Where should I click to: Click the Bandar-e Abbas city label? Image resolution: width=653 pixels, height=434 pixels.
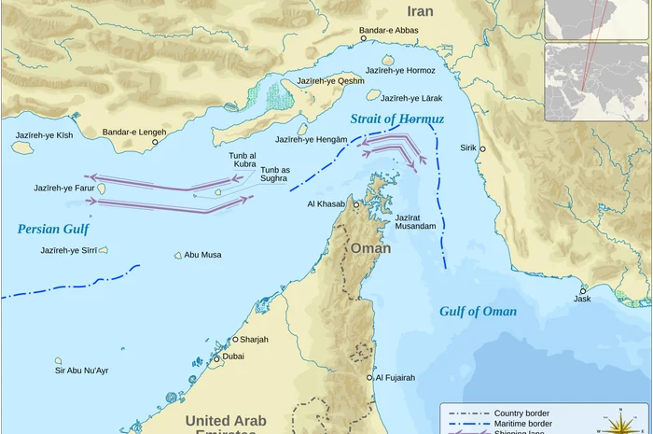pos(389,30)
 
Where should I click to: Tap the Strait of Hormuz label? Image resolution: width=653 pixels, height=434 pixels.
pos(397,119)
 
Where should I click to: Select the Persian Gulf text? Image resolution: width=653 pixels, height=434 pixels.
pos(53,229)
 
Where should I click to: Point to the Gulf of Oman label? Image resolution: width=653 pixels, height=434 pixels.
pos(478,312)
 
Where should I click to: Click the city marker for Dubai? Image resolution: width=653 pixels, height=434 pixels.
pos(216,358)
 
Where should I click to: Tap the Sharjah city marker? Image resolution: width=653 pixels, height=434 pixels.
pos(235,340)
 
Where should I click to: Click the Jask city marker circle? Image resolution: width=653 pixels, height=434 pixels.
pos(583,290)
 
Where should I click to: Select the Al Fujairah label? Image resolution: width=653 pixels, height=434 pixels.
pos(396,378)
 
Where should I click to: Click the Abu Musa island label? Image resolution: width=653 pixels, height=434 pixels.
pos(202,255)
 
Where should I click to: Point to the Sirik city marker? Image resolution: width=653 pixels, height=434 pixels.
pos(482,149)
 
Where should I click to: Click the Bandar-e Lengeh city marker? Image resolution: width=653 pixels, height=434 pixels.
pos(155,142)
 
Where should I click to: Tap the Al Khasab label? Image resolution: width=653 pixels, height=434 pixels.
pos(326,203)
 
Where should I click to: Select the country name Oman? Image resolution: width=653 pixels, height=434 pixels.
pos(371,248)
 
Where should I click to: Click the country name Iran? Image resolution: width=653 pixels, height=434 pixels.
pos(421,11)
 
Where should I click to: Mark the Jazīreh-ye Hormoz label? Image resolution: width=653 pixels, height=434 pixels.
pos(400,70)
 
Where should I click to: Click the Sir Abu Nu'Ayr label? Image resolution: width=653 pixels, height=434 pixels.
pos(81,371)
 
